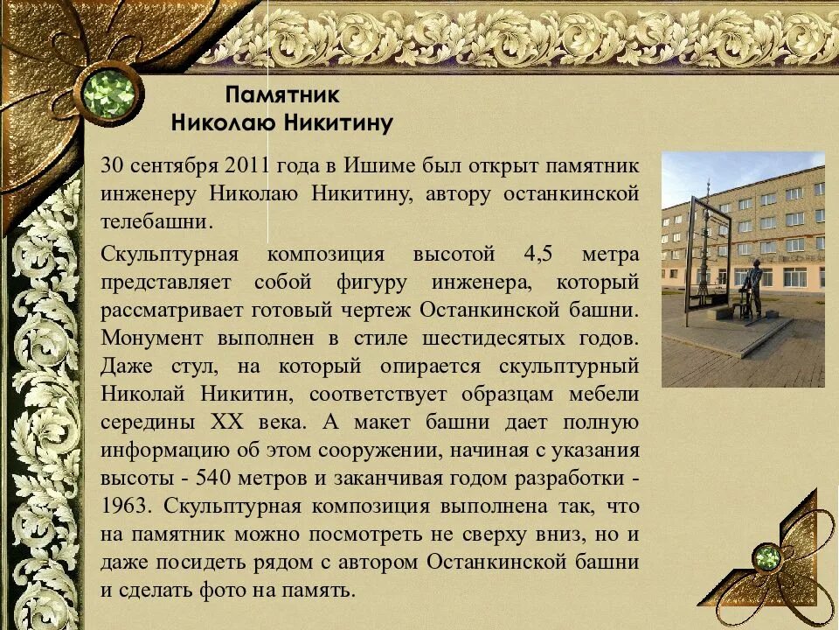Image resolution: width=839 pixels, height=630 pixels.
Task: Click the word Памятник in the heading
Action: pyautogui.click(x=281, y=94)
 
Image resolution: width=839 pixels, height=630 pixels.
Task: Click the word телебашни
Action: pyautogui.click(x=156, y=221)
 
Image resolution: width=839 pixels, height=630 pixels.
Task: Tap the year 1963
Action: pyautogui.click(x=126, y=507)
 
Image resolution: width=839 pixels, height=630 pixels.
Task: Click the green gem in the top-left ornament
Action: pyautogui.click(x=108, y=94)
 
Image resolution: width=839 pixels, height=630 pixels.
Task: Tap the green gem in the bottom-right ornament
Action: pyautogui.click(x=768, y=557)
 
